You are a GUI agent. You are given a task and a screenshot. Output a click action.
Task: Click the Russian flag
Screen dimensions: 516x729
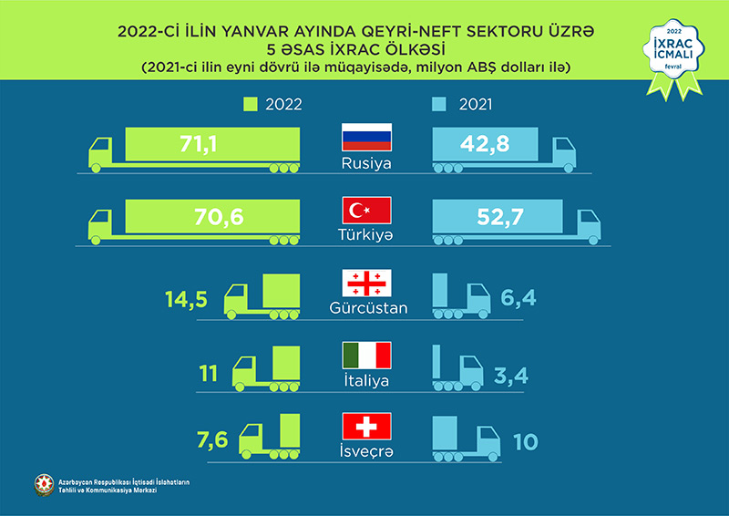click(365, 138)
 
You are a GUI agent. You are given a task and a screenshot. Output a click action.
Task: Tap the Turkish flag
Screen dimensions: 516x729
click(365, 211)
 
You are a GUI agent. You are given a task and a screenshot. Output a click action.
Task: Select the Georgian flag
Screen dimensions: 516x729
click(365, 283)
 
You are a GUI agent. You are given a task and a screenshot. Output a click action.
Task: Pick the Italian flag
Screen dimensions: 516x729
click(365, 355)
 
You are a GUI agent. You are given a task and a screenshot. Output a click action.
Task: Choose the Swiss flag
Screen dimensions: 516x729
click(365, 426)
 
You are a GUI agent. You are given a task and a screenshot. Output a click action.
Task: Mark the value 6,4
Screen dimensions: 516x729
click(523, 297)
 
